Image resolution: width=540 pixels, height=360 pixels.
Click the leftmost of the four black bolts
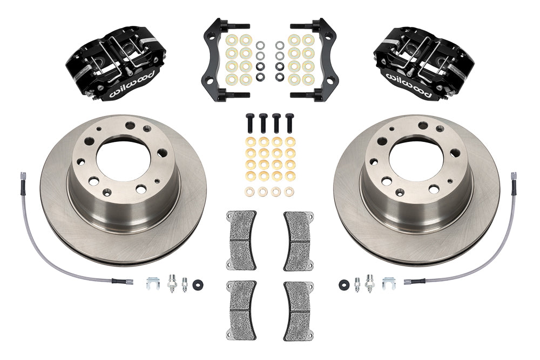click(x=251, y=122)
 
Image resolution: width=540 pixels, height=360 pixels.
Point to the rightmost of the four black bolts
click(x=289, y=122)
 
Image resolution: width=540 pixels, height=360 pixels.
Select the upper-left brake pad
click(x=240, y=240)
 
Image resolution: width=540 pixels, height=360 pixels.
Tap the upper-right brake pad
click(x=299, y=240)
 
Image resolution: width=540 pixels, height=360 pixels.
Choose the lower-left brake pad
click(x=240, y=302)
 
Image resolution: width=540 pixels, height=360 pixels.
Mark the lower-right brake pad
click(x=299, y=302)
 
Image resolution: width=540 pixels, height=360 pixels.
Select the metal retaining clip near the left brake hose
click(x=151, y=281)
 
